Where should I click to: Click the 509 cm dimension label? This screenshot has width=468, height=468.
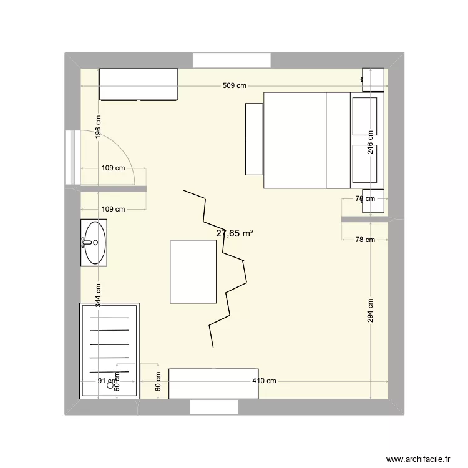(x=235, y=86)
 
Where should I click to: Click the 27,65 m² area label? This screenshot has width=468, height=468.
(x=235, y=233)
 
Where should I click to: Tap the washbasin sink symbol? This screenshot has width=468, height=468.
(x=94, y=243)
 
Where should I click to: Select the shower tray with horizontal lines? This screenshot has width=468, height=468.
(x=109, y=349)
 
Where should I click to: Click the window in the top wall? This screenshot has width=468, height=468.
(x=231, y=61)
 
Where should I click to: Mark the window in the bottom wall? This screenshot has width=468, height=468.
(x=213, y=407)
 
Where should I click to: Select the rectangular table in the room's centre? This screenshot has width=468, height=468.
(x=193, y=272)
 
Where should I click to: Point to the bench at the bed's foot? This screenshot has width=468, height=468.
(x=254, y=139)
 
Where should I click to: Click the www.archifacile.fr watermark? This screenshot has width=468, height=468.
(x=418, y=457)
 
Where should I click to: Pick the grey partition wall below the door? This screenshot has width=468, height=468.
(x=106, y=188)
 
